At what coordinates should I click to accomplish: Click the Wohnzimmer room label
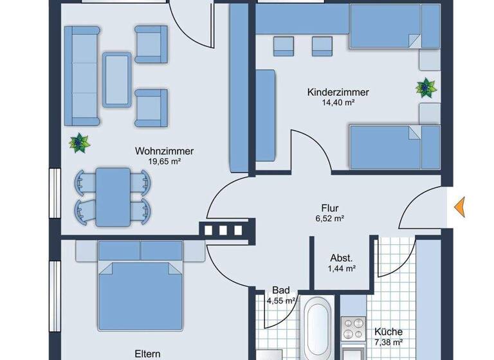[164, 151]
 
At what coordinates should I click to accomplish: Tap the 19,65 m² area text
[164, 161]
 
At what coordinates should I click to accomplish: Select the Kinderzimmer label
[338, 92]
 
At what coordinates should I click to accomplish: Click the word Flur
[329, 208]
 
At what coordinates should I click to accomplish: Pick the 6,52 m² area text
[329, 219]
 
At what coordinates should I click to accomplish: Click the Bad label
[280, 290]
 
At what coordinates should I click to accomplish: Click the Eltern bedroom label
[147, 353]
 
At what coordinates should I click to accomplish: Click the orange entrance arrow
[459, 207]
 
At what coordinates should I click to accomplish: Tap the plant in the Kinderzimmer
[425, 87]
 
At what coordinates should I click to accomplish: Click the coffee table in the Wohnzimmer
[116, 78]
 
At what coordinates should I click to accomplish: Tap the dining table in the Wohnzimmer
[113, 197]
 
